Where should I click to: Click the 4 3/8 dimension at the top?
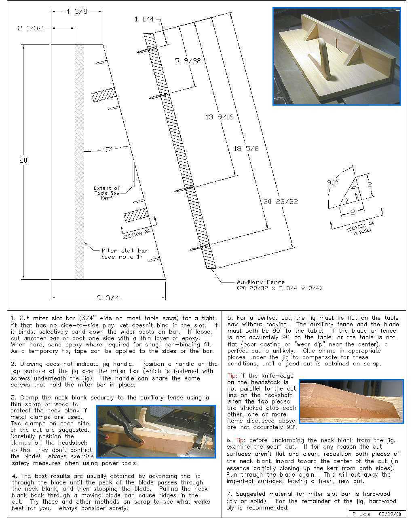tap(77, 11)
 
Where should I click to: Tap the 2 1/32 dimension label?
tap(30, 28)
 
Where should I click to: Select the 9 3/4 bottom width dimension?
tap(108, 298)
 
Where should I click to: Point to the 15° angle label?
tap(107, 150)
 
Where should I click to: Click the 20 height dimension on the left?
tap(23, 160)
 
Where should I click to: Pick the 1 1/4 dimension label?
tap(144, 19)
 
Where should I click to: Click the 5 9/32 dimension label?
tap(188, 61)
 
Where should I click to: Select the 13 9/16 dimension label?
tap(220, 117)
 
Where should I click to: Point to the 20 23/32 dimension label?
tap(281, 201)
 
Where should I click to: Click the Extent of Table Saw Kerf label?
tap(107, 193)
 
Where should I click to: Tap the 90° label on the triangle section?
tap(332, 183)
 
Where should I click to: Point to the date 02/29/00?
tap(389, 514)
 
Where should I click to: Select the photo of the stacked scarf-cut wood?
tap(351, 401)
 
